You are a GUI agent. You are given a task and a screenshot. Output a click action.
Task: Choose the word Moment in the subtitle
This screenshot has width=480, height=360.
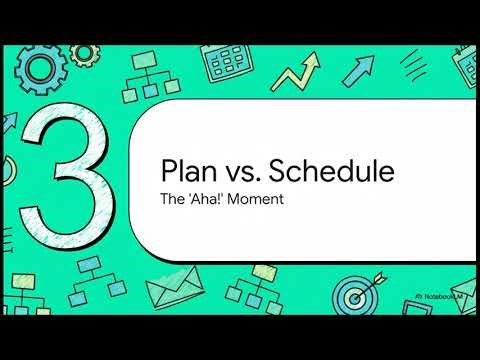(258, 198)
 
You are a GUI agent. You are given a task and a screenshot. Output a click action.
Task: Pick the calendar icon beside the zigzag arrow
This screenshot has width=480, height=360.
(229, 67)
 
